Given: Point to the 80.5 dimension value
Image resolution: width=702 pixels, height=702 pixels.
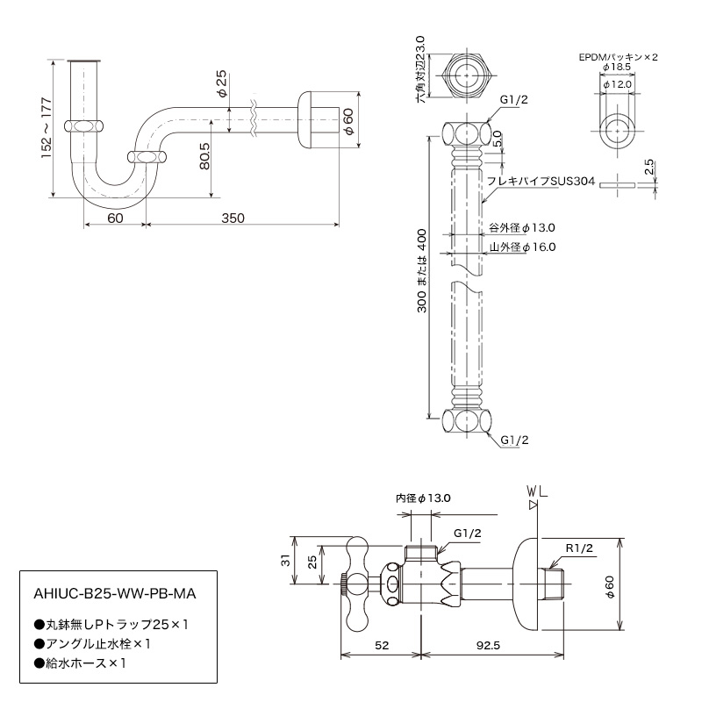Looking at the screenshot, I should coord(203,155).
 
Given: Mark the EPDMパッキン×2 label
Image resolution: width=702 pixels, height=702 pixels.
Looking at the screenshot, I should coord(618,57).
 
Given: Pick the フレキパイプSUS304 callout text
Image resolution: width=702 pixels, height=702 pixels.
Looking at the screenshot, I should coord(541,182).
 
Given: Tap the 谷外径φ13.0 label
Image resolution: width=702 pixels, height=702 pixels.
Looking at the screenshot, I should coord(521,227).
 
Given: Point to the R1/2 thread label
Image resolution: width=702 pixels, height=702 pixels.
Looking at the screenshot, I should coord(580,548).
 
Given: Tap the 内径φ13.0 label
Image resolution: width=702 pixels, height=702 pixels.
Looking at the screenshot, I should coord(423,498).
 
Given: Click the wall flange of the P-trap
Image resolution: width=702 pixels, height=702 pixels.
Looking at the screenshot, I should coord(307,119).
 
